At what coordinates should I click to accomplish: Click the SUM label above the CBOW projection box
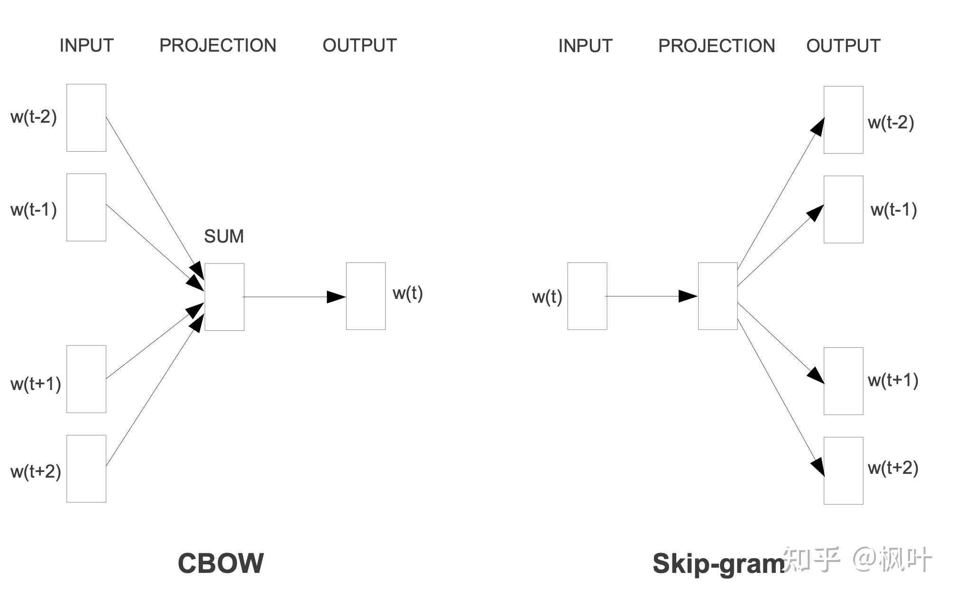click(224, 236)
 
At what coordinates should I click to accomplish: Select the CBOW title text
click(221, 563)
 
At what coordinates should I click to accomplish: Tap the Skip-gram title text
click(718, 564)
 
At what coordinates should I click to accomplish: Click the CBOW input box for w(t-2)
click(86, 118)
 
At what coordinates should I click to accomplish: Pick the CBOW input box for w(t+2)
click(86, 469)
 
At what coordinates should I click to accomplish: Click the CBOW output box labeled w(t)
click(366, 296)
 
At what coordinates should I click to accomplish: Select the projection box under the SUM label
click(224, 297)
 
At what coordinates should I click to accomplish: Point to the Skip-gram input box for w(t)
click(587, 296)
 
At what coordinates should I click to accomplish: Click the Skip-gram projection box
click(718, 296)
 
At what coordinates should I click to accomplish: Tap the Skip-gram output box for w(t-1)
click(843, 209)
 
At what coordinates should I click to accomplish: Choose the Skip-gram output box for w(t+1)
click(843, 381)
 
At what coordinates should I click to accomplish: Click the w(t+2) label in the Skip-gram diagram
click(893, 468)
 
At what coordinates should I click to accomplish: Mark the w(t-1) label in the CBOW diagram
click(34, 209)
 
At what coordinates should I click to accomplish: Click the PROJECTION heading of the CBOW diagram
click(218, 45)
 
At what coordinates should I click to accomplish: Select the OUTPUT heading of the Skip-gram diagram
click(843, 46)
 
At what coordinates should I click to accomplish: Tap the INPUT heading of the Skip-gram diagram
click(585, 46)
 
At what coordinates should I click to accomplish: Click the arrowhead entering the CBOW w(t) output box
click(336, 297)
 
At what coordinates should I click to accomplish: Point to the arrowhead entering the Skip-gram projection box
click(688, 296)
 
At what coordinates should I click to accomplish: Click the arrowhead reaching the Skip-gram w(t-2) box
click(818, 127)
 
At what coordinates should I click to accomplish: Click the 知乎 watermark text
click(811, 559)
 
